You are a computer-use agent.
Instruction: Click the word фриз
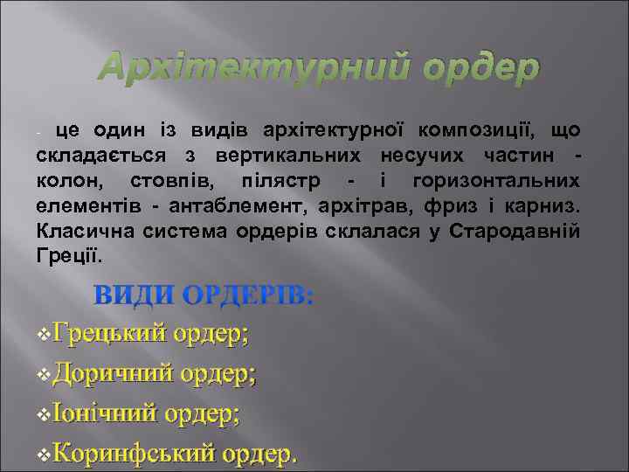pyautogui.click(x=433, y=207)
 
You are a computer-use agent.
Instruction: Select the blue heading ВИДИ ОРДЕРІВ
pyautogui.click(x=204, y=295)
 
